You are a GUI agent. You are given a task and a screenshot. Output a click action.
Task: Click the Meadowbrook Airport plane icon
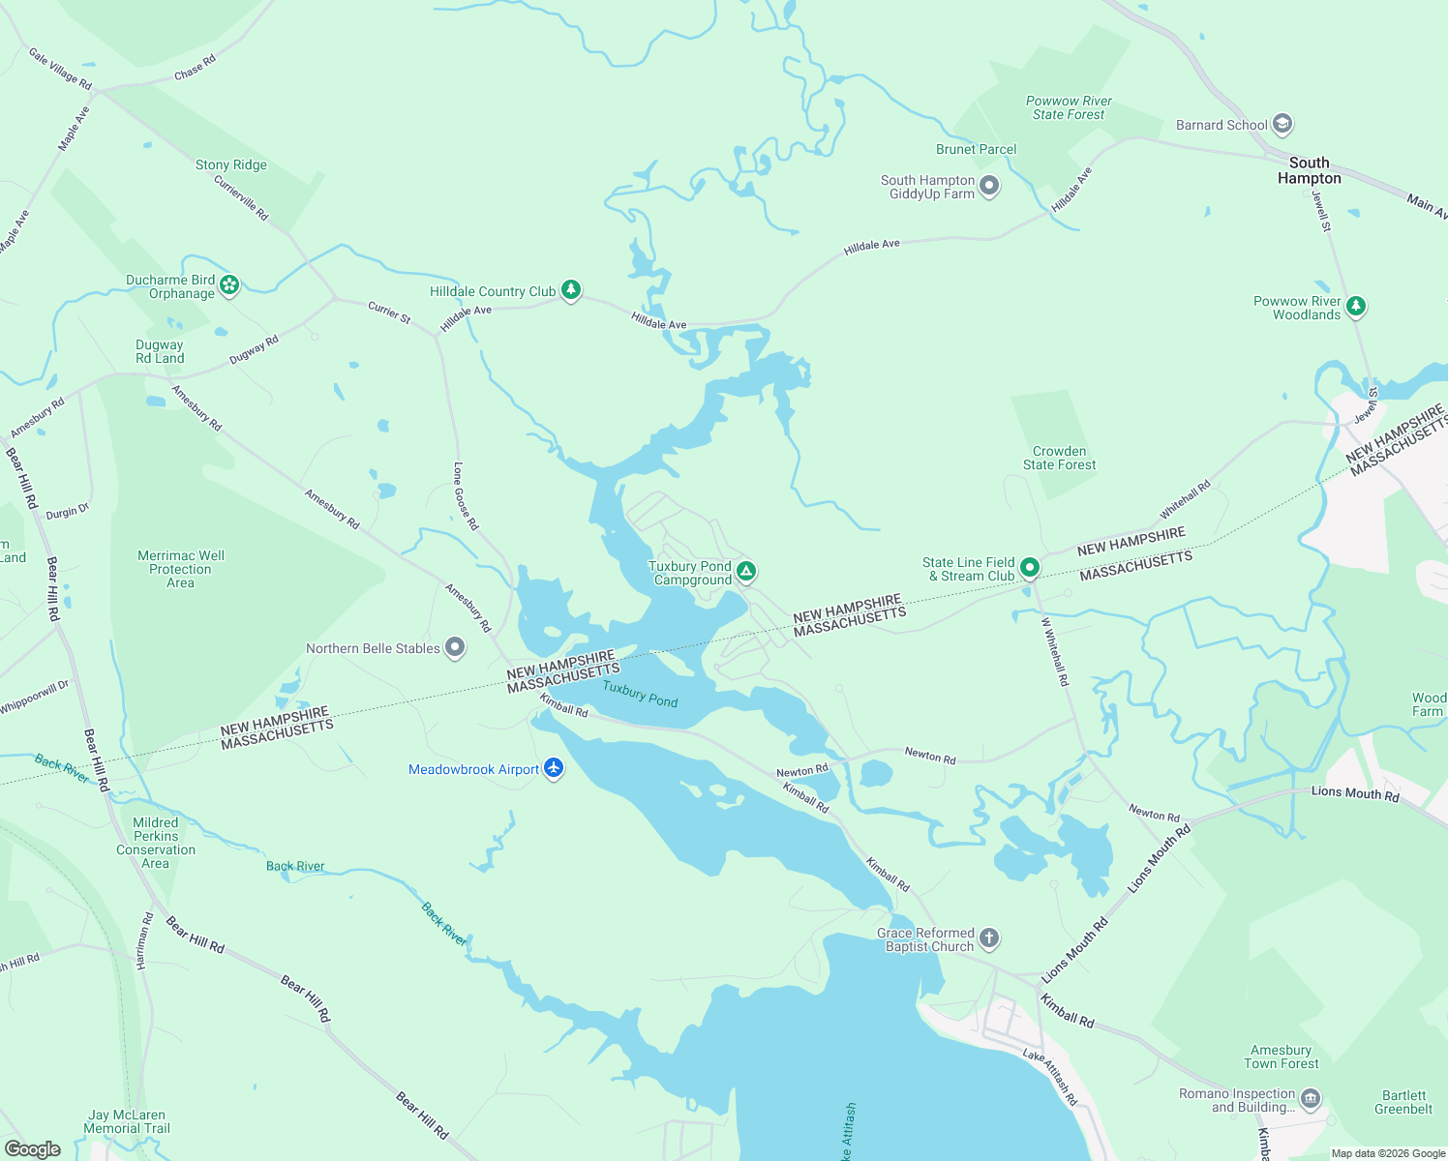point(554,769)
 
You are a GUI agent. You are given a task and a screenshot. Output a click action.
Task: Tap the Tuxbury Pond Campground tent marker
point(746,572)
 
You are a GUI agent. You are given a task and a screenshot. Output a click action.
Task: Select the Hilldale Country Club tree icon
point(572,289)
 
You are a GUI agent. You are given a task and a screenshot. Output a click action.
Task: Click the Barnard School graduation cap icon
point(1282,124)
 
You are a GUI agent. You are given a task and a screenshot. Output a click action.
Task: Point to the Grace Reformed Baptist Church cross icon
point(988,938)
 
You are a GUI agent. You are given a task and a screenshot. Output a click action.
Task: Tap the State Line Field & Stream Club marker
point(1030,568)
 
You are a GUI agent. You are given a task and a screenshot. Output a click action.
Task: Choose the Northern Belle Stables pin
point(455,648)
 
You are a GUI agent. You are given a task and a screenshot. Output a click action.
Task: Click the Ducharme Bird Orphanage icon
point(229,284)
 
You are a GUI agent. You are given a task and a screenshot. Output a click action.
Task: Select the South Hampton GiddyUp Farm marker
point(988,185)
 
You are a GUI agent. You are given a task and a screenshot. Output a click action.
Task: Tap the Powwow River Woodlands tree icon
point(1356,306)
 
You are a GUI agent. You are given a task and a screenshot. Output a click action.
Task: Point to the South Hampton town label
point(1309,170)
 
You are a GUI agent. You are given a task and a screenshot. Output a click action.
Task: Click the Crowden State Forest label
point(1059,458)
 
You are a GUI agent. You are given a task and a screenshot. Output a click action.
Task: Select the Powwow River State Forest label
point(1069,107)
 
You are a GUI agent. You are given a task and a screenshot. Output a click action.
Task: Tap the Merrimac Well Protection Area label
point(180,569)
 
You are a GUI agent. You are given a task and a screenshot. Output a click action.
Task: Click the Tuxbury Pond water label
point(640,694)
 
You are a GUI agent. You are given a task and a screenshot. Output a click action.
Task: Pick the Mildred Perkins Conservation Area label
point(156,843)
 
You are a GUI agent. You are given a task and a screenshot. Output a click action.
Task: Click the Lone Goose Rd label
point(466,495)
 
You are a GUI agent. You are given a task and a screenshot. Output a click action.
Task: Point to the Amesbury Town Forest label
point(1281,1057)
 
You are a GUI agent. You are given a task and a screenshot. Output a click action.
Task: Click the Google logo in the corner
point(32,1148)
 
